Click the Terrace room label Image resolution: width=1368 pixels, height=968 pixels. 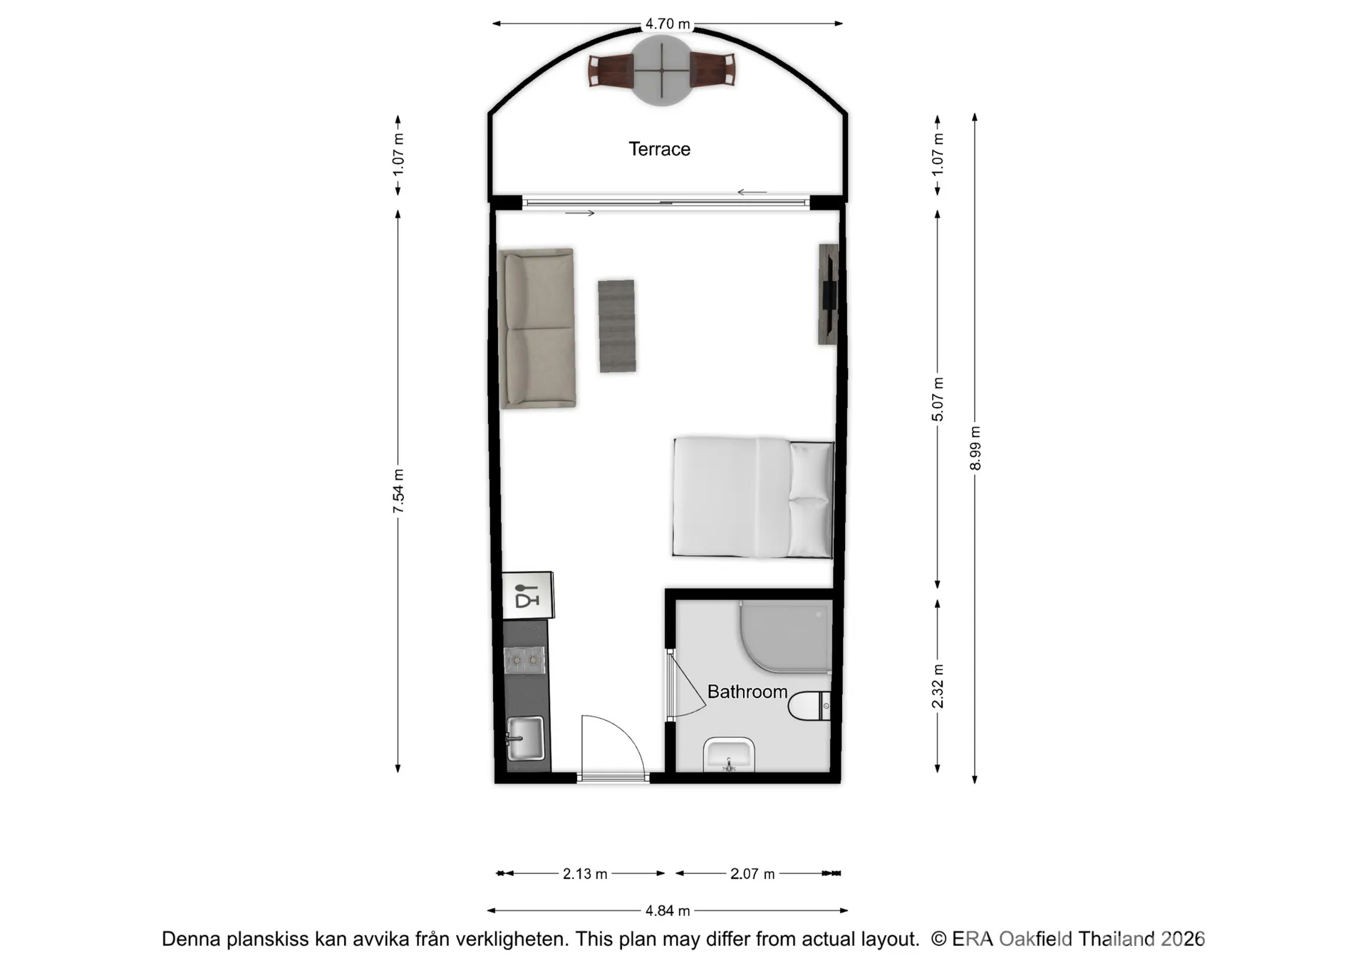659,149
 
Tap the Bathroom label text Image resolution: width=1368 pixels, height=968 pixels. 747,691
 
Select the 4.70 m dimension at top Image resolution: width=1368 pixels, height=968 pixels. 668,24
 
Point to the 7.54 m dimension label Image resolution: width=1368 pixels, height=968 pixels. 398,490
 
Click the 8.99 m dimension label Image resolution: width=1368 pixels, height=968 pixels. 975,448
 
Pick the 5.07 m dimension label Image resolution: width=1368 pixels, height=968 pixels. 938,399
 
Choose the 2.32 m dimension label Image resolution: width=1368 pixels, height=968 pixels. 938,686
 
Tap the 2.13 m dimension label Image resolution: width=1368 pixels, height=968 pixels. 585,873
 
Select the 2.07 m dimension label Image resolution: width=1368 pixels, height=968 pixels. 752,873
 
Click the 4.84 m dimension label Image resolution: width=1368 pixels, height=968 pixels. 668,910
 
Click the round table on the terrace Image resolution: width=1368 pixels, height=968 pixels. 662,71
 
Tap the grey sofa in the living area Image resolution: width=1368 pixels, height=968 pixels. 537,328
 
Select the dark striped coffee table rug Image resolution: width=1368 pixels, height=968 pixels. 617,326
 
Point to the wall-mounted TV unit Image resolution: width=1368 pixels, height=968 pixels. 828,294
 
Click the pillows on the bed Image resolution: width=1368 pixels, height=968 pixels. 811,499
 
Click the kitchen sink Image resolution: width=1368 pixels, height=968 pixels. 525,738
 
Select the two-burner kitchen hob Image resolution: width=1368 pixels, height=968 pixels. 524,660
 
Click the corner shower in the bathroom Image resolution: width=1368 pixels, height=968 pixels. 786,636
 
